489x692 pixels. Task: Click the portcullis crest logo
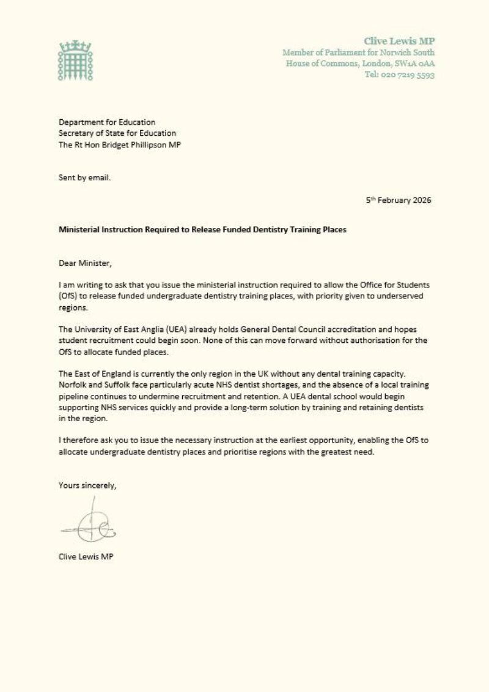pos(74,61)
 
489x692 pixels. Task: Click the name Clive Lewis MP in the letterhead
pos(399,41)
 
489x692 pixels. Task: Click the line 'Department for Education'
pos(107,122)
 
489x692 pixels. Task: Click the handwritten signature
pos(89,525)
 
